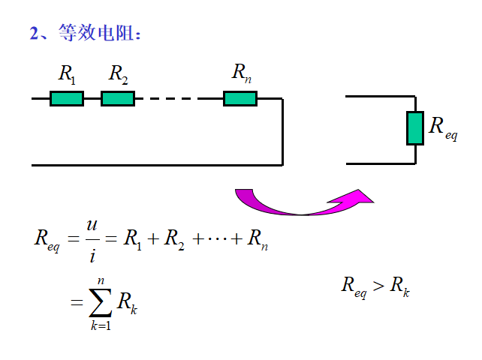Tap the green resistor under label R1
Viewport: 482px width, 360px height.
coord(67,98)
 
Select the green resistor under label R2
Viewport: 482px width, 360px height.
coord(118,98)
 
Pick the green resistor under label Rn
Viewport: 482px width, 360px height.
coord(240,98)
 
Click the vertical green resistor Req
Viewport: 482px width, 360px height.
coord(415,128)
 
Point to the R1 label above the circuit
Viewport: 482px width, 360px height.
coord(67,74)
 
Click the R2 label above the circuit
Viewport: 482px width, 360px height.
coord(118,74)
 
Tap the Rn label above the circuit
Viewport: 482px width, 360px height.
coord(240,73)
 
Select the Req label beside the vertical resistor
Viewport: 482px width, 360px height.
coord(442,127)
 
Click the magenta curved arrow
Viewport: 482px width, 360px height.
coord(300,203)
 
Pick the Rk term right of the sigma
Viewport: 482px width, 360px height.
coord(128,302)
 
